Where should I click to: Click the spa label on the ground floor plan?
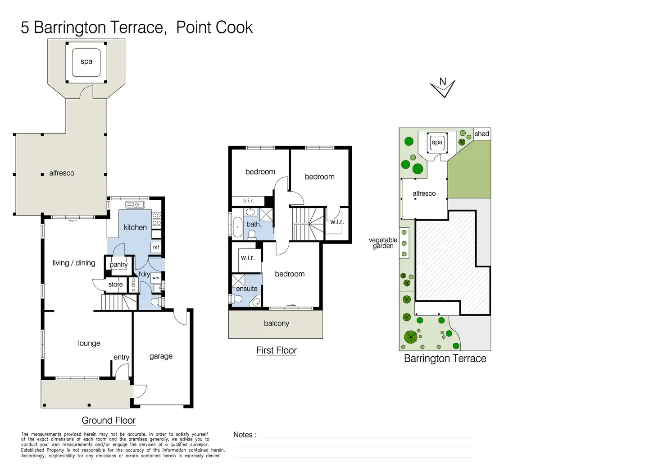86,62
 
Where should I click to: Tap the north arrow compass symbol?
443,87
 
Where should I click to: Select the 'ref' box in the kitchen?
156,247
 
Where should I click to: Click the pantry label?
119,265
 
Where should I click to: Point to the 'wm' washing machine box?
156,278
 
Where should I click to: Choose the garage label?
161,356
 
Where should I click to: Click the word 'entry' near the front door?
121,357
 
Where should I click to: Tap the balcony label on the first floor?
277,323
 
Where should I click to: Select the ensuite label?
246,289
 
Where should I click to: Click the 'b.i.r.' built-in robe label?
249,201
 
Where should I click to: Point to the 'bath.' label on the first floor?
254,224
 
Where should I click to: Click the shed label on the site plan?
482,133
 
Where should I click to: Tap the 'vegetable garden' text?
383,243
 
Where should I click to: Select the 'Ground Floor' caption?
109,420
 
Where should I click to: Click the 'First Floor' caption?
277,350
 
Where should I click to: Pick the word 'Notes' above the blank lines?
243,435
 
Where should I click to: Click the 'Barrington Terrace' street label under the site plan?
445,359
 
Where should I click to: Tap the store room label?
115,285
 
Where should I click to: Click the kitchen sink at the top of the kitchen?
135,204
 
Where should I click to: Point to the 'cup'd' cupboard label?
133,285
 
